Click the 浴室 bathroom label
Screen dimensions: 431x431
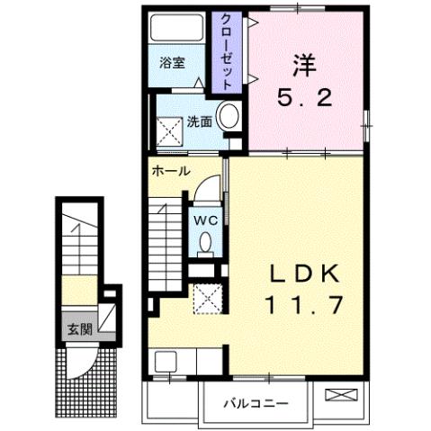173,64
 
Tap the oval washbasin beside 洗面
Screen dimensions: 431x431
229,117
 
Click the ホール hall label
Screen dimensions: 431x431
171,171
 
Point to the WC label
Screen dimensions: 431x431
202,218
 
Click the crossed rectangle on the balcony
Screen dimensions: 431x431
344,395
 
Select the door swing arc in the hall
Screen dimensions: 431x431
207,186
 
